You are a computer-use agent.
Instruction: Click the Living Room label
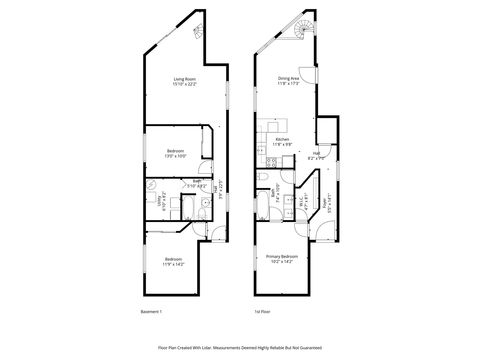click(x=185, y=79)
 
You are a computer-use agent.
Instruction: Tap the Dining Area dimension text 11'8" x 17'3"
click(x=288, y=83)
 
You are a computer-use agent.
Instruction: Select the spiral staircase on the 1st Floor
click(x=304, y=30)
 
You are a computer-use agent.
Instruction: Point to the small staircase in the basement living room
click(x=199, y=31)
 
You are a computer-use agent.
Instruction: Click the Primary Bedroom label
click(x=282, y=256)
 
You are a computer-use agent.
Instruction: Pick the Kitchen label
click(x=282, y=139)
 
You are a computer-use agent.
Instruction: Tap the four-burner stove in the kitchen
click(x=271, y=163)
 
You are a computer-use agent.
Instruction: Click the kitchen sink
click(x=262, y=150)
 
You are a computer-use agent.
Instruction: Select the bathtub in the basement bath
click(x=188, y=208)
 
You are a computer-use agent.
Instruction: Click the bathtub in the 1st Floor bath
click(x=263, y=205)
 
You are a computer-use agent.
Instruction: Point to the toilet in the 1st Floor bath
click(x=262, y=177)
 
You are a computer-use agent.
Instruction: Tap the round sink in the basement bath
click(x=206, y=202)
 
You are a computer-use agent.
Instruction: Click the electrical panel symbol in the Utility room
click(x=150, y=184)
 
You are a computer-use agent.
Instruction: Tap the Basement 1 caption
click(x=151, y=312)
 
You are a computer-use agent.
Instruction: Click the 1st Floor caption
click(x=262, y=312)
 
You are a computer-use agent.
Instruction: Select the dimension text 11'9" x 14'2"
click(x=173, y=264)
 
